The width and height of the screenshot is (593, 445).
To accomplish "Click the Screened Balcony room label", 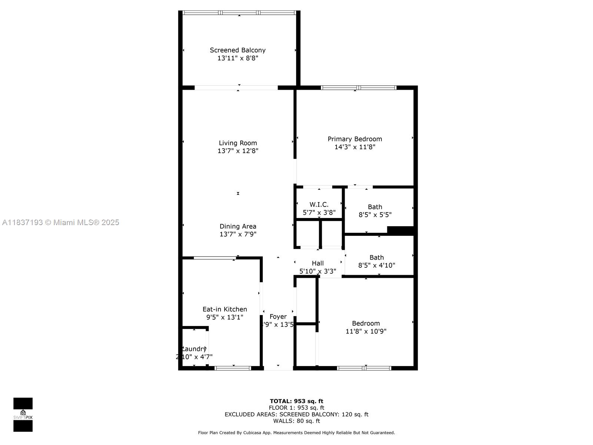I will [x=238, y=50].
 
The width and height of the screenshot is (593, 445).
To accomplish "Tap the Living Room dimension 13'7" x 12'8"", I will [x=238, y=151].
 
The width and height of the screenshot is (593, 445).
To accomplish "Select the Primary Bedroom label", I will [x=355, y=139].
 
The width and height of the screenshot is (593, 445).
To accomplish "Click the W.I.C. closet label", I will [x=319, y=205].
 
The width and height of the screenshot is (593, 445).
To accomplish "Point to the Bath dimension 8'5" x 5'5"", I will [x=375, y=215].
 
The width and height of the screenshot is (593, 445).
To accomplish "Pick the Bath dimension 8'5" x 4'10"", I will [x=376, y=266].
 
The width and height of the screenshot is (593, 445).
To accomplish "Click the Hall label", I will [x=318, y=263].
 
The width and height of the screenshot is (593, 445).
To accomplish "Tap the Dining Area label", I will [x=238, y=226].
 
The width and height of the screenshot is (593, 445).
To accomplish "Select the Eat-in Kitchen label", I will [x=225, y=309].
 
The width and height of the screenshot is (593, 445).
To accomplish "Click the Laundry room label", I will [x=194, y=349].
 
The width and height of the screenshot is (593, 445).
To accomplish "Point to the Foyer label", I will [x=278, y=317].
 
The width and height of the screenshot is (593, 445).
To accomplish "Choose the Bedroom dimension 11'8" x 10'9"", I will [x=366, y=332].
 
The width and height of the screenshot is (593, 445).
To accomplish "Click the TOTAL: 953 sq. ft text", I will [x=296, y=401].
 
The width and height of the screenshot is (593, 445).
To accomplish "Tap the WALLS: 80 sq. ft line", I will [x=296, y=421].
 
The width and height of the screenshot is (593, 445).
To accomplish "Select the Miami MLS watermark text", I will [x=61, y=222].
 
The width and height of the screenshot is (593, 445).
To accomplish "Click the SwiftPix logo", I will [x=23, y=415].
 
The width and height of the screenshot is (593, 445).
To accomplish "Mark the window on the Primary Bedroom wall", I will [x=358, y=88].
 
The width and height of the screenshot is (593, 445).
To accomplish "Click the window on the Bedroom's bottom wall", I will [x=364, y=368].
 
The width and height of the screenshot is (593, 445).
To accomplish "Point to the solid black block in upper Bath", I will [x=400, y=230].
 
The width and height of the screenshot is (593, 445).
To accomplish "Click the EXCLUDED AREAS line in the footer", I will [x=296, y=415].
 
